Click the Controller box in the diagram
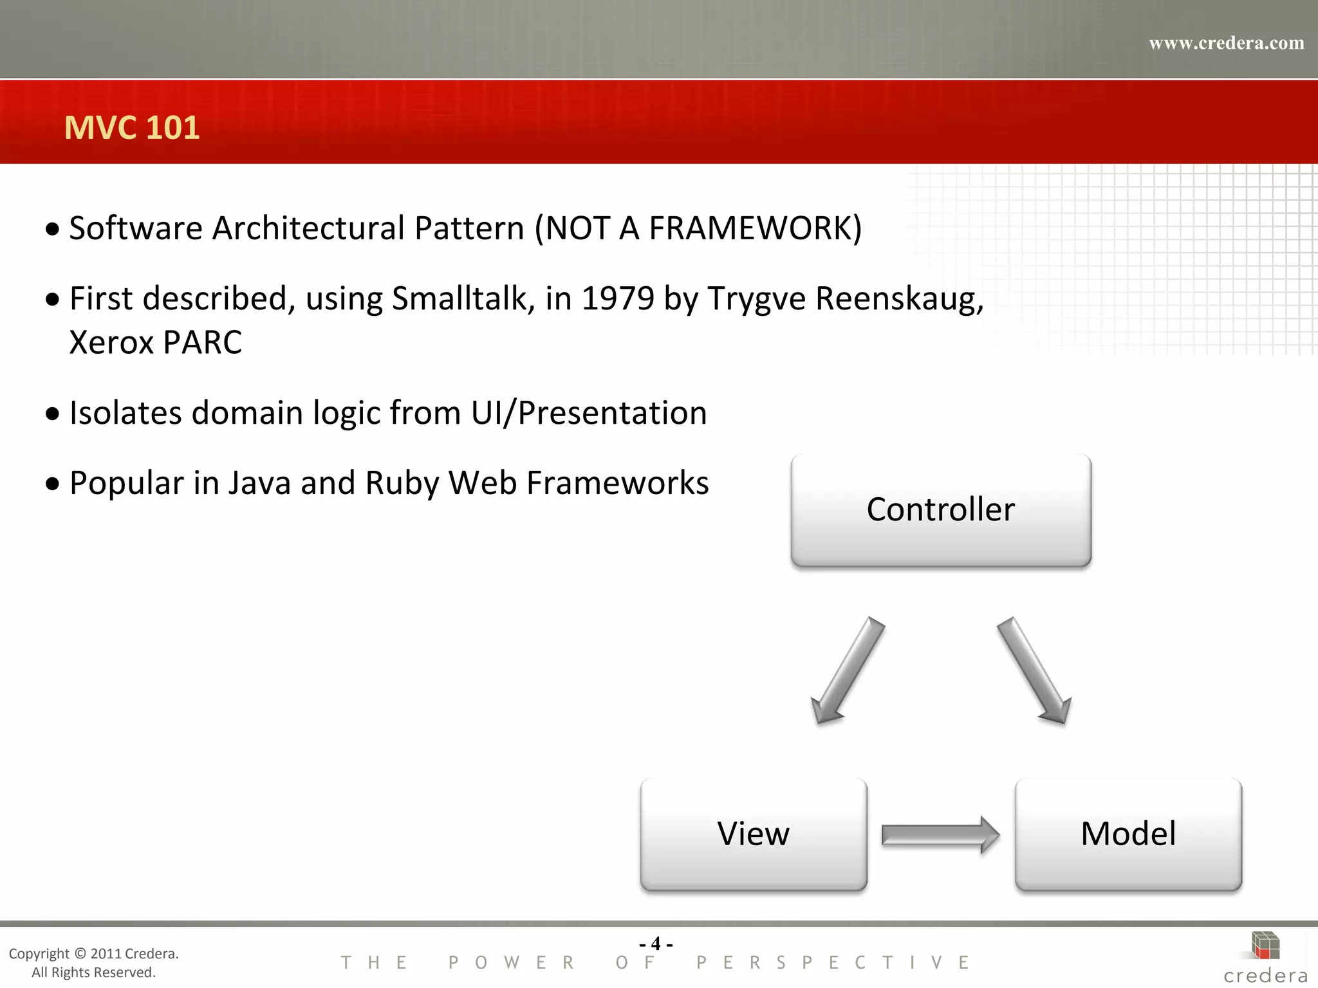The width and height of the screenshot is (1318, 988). (x=940, y=510)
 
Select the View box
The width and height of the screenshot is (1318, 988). (x=753, y=834)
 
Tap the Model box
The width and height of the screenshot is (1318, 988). (x=1128, y=834)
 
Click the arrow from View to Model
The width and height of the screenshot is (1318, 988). (x=940, y=835)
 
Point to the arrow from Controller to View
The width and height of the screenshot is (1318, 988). (x=848, y=670)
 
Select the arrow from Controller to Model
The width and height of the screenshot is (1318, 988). (x=1034, y=670)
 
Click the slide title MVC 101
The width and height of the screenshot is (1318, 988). (x=132, y=127)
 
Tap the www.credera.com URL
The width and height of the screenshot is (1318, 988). (x=1226, y=43)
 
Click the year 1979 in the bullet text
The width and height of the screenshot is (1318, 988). (x=618, y=298)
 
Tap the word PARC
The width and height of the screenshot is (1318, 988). (x=202, y=342)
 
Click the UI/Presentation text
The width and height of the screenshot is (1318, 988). (x=589, y=413)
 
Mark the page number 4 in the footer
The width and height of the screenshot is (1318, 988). (x=656, y=944)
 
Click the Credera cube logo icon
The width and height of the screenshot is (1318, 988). (x=1265, y=946)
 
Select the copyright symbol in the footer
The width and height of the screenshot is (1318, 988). (x=80, y=953)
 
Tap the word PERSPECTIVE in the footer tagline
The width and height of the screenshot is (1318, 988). (x=833, y=963)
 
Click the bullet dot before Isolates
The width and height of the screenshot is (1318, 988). (x=53, y=414)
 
